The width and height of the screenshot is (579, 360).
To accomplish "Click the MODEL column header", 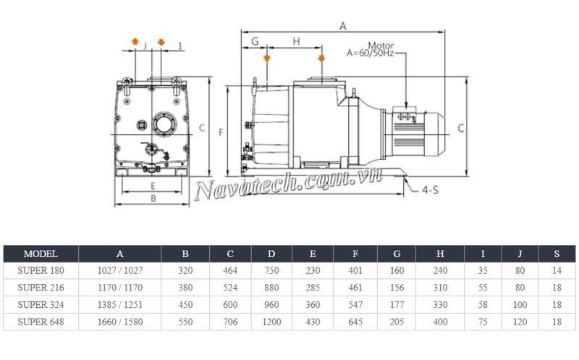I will [41, 254].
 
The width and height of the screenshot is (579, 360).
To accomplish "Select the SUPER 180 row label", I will [41, 271].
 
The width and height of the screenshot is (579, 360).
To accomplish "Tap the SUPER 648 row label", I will [41, 321].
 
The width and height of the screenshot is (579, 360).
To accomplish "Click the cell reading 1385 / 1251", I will [119, 304].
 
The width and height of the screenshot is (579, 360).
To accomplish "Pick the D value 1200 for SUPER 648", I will [271, 321].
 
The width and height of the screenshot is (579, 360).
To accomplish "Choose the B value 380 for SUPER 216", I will [185, 288].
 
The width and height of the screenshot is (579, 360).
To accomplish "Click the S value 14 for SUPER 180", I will [556, 271].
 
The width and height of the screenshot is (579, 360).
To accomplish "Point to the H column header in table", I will [440, 254].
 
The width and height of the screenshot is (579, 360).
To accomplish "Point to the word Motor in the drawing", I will [381, 45].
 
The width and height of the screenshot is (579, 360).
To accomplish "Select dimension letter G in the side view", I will [254, 42].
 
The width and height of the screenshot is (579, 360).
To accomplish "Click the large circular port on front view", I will [162, 122].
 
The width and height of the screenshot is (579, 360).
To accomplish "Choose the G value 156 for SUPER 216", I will [397, 288].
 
